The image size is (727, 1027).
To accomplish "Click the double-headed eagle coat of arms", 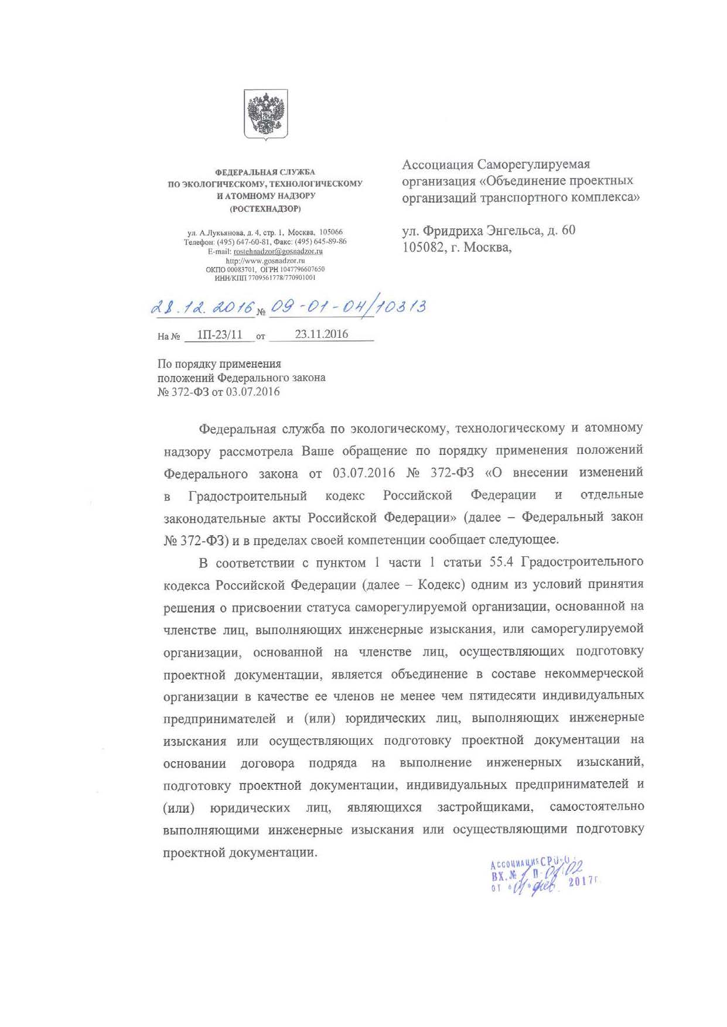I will [266, 114].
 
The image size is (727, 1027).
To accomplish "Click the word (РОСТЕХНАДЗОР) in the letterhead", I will [265, 208].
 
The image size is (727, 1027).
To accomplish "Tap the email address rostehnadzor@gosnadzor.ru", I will [278, 251].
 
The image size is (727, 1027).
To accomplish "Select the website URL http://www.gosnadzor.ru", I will [265, 261].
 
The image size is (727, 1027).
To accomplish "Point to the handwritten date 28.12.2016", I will [203, 307].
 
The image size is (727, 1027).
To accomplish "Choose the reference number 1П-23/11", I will [219, 335].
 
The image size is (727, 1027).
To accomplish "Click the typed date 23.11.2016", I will [321, 334].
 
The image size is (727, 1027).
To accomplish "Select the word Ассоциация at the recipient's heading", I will [438, 165].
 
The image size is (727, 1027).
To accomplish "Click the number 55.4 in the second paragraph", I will [501, 562].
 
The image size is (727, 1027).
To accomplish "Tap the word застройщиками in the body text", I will [485, 807].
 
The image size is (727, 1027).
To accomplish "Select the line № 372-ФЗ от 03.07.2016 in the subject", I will [219, 392].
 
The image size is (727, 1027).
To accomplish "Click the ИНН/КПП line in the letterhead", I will [265, 278].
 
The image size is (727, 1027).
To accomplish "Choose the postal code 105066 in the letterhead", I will [331, 232].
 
